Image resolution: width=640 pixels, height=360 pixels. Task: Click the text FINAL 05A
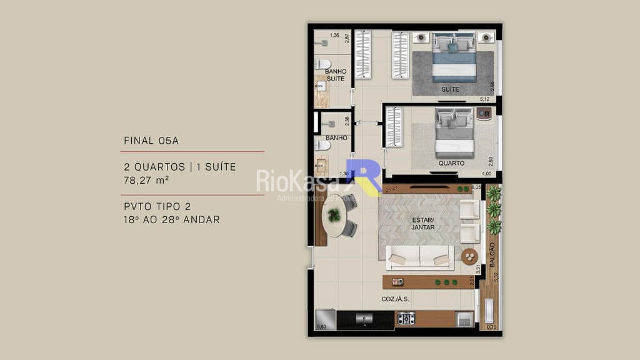pos(151,141)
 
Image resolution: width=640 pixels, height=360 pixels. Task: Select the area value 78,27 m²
pos(147,180)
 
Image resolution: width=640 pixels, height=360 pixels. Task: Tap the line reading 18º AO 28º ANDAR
pos(172,219)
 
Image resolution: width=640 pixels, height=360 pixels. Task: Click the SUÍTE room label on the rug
pos(450,89)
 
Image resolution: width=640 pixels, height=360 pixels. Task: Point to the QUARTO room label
pos(451,163)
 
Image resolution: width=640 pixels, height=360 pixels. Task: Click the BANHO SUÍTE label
pos(336,76)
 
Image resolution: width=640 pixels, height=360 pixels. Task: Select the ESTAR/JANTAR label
pos(423,223)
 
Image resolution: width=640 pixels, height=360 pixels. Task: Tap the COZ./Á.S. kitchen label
pos(395,299)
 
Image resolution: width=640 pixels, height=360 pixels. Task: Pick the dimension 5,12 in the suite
pos(484,99)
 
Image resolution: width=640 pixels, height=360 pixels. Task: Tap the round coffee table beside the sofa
pos(469,256)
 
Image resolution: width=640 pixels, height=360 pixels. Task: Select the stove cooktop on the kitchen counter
pos(407,319)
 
